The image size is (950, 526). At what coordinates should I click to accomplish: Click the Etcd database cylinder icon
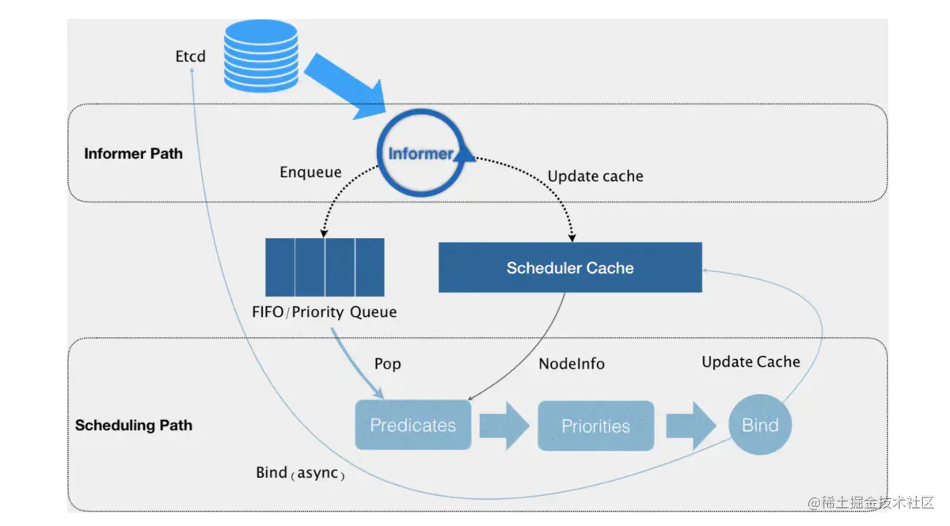(260, 55)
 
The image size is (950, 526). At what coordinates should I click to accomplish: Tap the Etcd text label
(190, 57)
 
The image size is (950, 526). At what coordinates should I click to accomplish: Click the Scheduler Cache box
(570, 268)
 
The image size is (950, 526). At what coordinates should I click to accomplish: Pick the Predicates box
(412, 426)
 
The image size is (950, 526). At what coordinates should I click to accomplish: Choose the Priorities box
(595, 426)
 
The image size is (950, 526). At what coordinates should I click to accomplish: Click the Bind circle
(760, 426)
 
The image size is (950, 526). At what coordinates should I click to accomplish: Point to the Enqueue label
(310, 172)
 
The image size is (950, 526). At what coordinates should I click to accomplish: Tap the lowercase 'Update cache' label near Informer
(595, 176)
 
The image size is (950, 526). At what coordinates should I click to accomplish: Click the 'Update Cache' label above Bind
(750, 361)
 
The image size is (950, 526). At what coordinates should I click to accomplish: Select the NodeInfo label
(572, 364)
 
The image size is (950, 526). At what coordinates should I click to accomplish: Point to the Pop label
(387, 364)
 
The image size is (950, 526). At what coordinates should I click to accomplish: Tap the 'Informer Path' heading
(133, 153)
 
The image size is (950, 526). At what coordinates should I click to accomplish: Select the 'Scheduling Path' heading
(133, 426)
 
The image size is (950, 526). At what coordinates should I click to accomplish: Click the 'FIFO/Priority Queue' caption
(324, 312)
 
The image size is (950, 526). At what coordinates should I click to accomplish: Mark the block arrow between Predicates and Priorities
(504, 426)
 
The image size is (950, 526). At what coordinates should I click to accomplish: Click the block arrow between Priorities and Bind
(690, 426)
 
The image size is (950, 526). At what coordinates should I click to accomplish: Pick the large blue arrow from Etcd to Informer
(344, 86)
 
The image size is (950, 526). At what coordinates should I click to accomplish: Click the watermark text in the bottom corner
(871, 503)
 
